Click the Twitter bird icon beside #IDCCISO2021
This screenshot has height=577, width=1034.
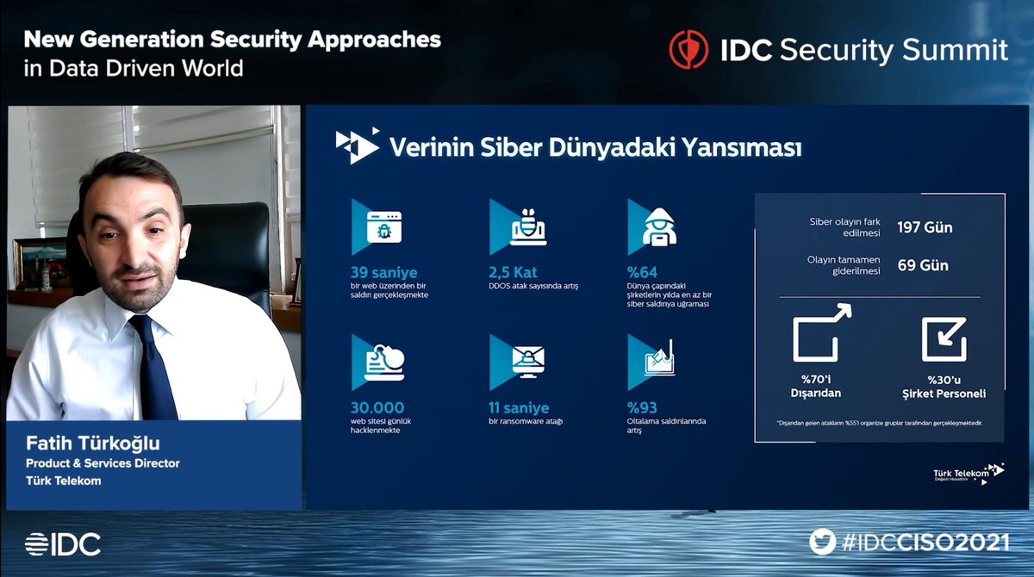pyautogui.click(x=823, y=542)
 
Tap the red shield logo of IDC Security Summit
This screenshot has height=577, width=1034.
pyautogui.click(x=688, y=49)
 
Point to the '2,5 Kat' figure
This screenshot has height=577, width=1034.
pyautogui.click(x=513, y=273)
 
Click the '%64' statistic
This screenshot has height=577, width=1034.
pyautogui.click(x=643, y=273)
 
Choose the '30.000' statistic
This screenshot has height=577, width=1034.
pyautogui.click(x=377, y=407)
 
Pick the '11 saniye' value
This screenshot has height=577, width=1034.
pyautogui.click(x=519, y=407)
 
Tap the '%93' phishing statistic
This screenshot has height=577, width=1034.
pyautogui.click(x=643, y=407)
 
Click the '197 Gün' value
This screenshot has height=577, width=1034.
pyautogui.click(x=925, y=228)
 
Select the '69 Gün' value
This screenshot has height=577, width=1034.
pyautogui.click(x=923, y=265)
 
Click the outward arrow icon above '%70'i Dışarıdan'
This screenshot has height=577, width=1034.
pyautogui.click(x=820, y=333)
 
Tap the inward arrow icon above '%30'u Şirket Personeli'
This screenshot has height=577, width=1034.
pyautogui.click(x=944, y=339)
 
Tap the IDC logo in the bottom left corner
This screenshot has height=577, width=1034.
pyautogui.click(x=62, y=543)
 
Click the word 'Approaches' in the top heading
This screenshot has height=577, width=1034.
pyautogui.click(x=377, y=39)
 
